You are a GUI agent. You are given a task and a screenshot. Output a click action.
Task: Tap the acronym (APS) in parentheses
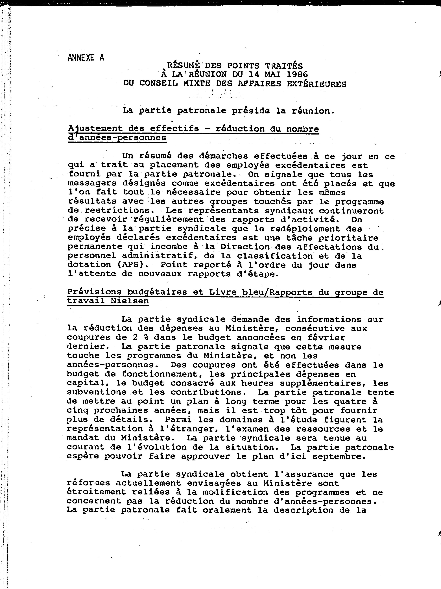point(133,265)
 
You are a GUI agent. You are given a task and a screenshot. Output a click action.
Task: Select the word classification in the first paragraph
point(275,256)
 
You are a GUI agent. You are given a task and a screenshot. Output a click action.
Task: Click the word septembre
point(339,456)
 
